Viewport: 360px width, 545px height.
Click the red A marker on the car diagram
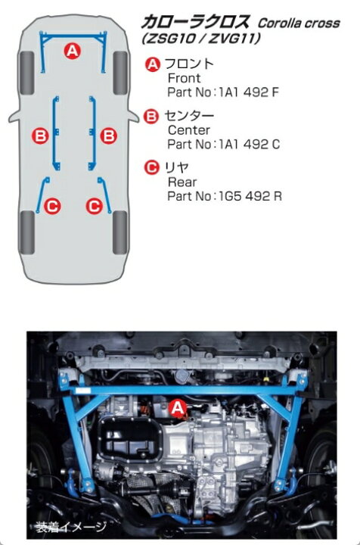point(73,51)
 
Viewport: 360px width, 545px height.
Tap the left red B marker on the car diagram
point(40,136)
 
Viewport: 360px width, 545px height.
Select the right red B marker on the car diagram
point(109,136)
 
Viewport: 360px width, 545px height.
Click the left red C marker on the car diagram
point(53,204)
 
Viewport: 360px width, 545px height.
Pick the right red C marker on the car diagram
point(95,204)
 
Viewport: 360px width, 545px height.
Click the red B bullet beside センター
point(152,116)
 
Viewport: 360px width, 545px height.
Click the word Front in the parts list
point(183,78)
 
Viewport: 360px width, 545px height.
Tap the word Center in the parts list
point(186,129)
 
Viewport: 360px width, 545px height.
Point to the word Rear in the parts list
point(182,182)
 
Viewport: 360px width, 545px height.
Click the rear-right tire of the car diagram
point(119,232)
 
